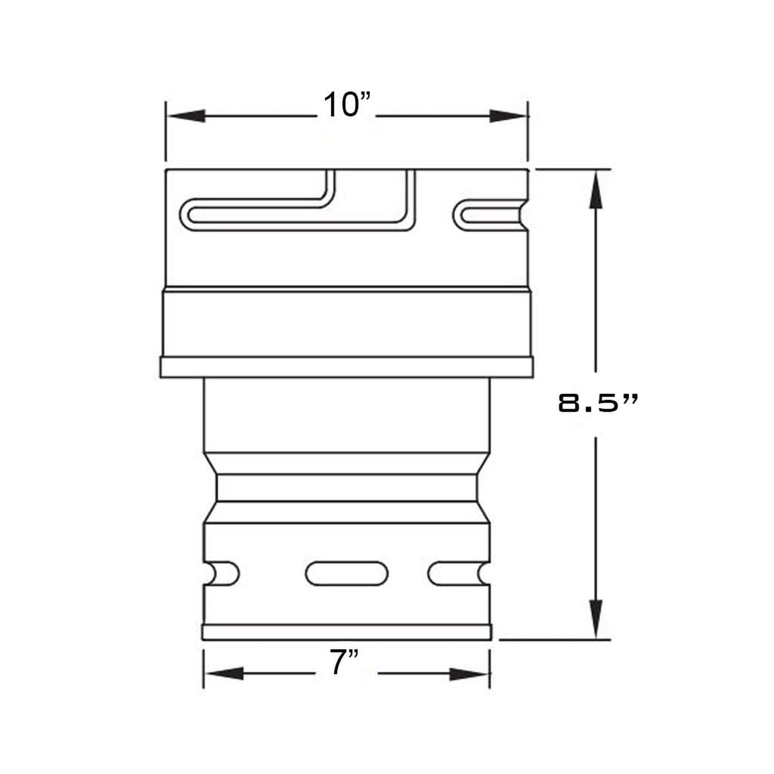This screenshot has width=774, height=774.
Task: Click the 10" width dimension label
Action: point(347,105)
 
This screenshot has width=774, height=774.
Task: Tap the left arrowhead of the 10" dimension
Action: point(187,116)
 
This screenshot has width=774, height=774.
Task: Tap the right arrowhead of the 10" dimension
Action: point(507,116)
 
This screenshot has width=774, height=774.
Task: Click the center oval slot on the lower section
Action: point(346,573)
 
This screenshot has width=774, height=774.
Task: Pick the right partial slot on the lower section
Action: point(457,573)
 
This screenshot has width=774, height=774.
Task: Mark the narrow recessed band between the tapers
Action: point(346,488)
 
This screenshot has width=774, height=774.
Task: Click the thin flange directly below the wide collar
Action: point(346,367)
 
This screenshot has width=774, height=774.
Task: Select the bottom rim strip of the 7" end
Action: point(346,632)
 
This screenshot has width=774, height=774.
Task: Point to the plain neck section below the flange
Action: point(346,414)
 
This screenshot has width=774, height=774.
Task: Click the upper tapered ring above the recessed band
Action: point(346,463)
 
